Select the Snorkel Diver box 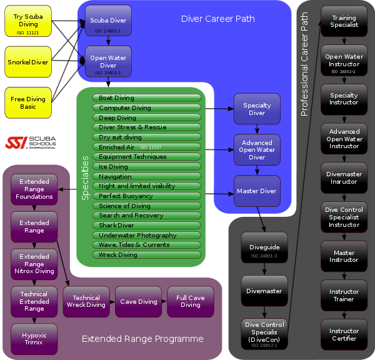click(x=28, y=62)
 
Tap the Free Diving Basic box click(x=28, y=102)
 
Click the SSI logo click(x=30, y=142)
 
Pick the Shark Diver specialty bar click(x=147, y=226)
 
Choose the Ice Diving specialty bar click(x=147, y=167)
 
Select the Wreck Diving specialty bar click(x=147, y=255)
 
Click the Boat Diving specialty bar click(x=147, y=98)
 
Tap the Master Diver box click(x=257, y=190)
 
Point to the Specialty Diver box click(x=257, y=109)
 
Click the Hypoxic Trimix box click(x=34, y=339)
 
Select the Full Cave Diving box click(x=190, y=302)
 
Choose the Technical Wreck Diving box click(x=86, y=302)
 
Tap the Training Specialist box click(x=344, y=22)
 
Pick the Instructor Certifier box click(x=344, y=335)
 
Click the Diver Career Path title click(x=218, y=19)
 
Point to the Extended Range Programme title click(x=142, y=339)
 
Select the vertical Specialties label click(x=86, y=178)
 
